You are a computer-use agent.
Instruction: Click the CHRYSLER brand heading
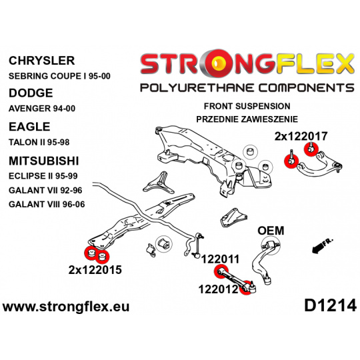pos(42,61)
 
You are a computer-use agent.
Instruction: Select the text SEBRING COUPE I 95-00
pos(59,76)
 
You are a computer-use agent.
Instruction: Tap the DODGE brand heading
pos(31,93)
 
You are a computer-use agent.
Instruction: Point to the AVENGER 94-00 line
pos(42,109)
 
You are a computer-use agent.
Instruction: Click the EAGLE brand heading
pos(29,127)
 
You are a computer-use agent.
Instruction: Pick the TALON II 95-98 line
pos(39,143)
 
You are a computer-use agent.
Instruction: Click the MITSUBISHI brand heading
pos(43,161)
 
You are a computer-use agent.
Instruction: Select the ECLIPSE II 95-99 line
pos(43,176)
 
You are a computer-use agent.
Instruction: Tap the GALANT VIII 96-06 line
pos(47,205)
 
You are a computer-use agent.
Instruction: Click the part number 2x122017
pos(301,137)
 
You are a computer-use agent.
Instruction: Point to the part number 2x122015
pos(95,270)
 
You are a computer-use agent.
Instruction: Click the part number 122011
pos(220,259)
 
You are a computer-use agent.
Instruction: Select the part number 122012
pos(218,289)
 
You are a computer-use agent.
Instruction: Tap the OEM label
pos(271,231)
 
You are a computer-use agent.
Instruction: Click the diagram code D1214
pos(331,306)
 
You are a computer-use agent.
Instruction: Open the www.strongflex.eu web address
pos(66,307)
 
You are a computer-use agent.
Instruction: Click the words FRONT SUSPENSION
pos(247,106)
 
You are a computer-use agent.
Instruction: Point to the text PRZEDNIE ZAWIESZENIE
pos(247,119)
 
